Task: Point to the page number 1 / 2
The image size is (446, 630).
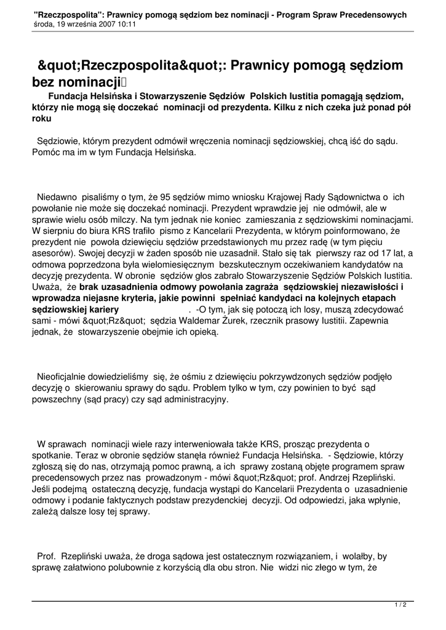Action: click(x=400, y=605)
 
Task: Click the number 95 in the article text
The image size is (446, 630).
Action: click(x=165, y=197)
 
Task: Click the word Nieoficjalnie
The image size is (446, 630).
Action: click(x=66, y=376)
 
